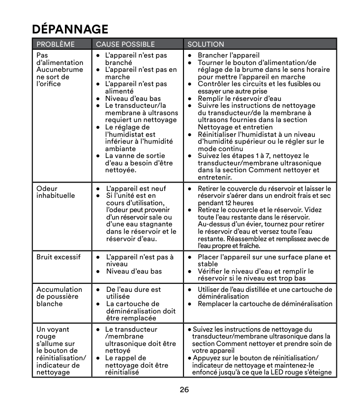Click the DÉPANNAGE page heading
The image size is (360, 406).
(x=70, y=29)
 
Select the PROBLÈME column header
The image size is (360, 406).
(x=56, y=44)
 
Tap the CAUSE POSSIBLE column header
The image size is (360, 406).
(x=125, y=44)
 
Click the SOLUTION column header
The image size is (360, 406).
(x=206, y=44)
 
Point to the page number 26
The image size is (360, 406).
(x=184, y=390)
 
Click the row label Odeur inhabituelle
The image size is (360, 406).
(x=56, y=192)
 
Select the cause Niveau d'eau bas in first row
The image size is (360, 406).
(x=133, y=98)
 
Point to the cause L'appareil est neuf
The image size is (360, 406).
(x=136, y=188)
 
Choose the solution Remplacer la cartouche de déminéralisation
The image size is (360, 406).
(x=265, y=304)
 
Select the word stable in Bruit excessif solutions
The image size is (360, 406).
(x=208, y=264)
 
